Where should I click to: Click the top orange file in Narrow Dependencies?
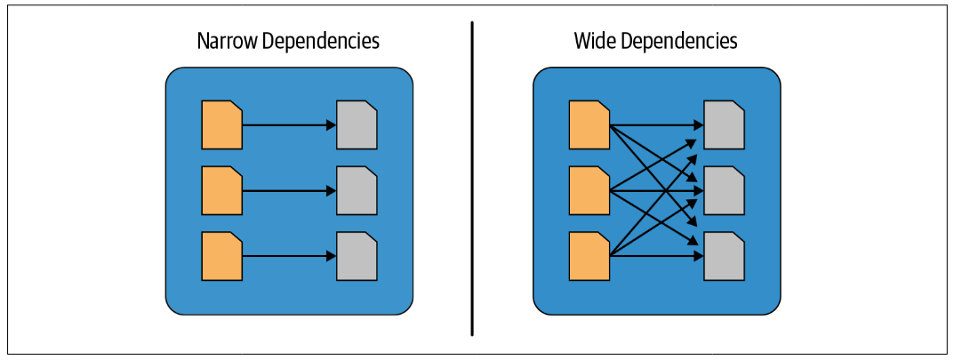tap(222, 125)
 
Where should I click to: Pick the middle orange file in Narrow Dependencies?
tap(222, 191)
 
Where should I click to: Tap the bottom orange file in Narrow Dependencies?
tap(222, 257)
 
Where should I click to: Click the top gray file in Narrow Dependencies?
tap(357, 125)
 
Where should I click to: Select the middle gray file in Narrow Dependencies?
tap(357, 191)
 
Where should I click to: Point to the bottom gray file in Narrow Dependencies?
tap(357, 257)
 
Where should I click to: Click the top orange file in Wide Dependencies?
tap(589, 125)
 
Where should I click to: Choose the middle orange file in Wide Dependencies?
tap(589, 191)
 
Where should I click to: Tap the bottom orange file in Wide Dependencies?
tap(589, 257)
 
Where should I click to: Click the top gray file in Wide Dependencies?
tap(725, 125)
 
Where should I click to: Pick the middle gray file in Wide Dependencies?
tap(725, 191)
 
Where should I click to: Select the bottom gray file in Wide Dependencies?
tap(725, 257)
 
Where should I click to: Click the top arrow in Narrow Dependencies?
tap(290, 125)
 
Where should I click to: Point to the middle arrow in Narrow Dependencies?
tap(290, 191)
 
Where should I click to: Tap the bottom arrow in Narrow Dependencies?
tap(290, 257)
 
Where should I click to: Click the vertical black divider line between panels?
tap(472, 178)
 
